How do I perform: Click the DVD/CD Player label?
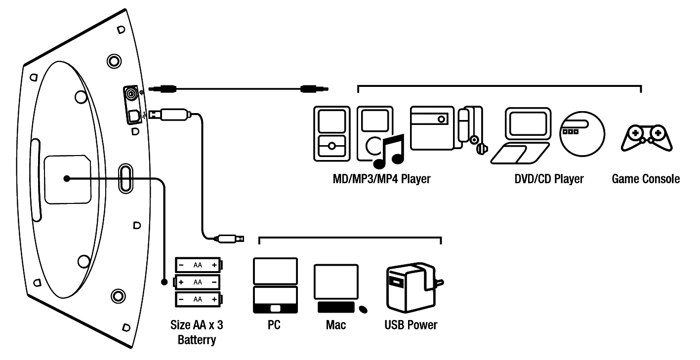[549, 179]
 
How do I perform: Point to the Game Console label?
[646, 179]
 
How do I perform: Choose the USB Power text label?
[411, 325]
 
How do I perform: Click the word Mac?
[336, 325]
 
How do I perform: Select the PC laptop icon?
[275, 285]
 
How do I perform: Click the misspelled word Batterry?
[197, 340]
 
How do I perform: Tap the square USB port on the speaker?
[132, 116]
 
